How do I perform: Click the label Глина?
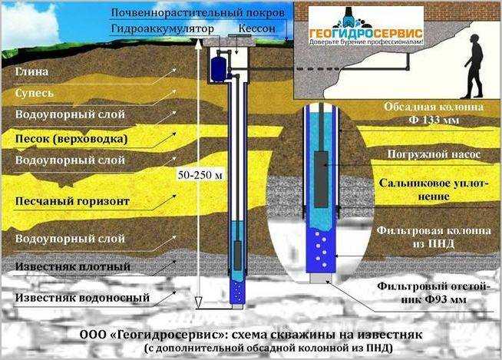[32, 71]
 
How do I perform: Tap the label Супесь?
[35, 93]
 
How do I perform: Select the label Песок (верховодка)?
[71, 139]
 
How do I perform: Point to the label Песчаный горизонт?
[72, 201]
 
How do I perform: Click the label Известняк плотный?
[73, 266]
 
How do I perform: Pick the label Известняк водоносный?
[82, 298]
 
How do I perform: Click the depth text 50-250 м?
[200, 175]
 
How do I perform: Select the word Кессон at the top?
[257, 28]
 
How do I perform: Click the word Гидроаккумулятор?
[163, 29]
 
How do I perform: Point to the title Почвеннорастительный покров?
[197, 13]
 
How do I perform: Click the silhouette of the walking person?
[474, 66]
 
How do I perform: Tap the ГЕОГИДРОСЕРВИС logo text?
[365, 33]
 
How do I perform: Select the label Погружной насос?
[434, 154]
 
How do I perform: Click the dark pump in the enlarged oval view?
[321, 180]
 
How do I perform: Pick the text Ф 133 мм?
[434, 120]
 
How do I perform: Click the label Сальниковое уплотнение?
[433, 190]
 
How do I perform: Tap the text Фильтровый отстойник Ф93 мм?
[433, 292]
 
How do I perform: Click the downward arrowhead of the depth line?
[198, 301]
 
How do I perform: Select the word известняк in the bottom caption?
[390, 335]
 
